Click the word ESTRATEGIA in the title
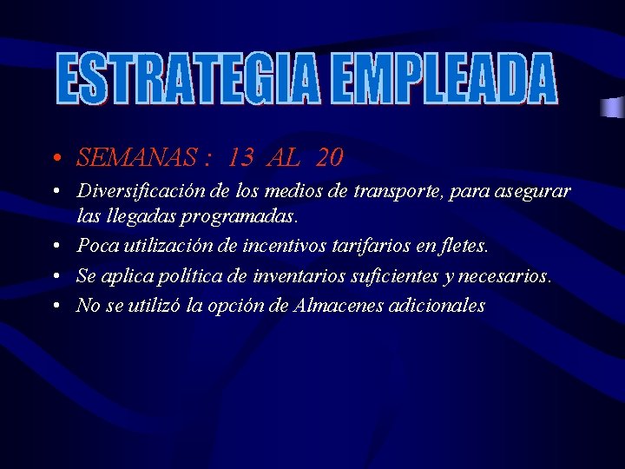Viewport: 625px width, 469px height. tap(187, 79)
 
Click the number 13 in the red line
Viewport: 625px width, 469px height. tap(242, 157)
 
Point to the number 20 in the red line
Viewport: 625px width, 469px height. tap(330, 157)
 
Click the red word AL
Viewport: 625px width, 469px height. tap(285, 157)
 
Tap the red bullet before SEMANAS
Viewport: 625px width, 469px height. tap(55, 159)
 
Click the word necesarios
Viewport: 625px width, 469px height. tap(509, 276)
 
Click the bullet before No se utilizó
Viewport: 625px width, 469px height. tap(55, 307)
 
